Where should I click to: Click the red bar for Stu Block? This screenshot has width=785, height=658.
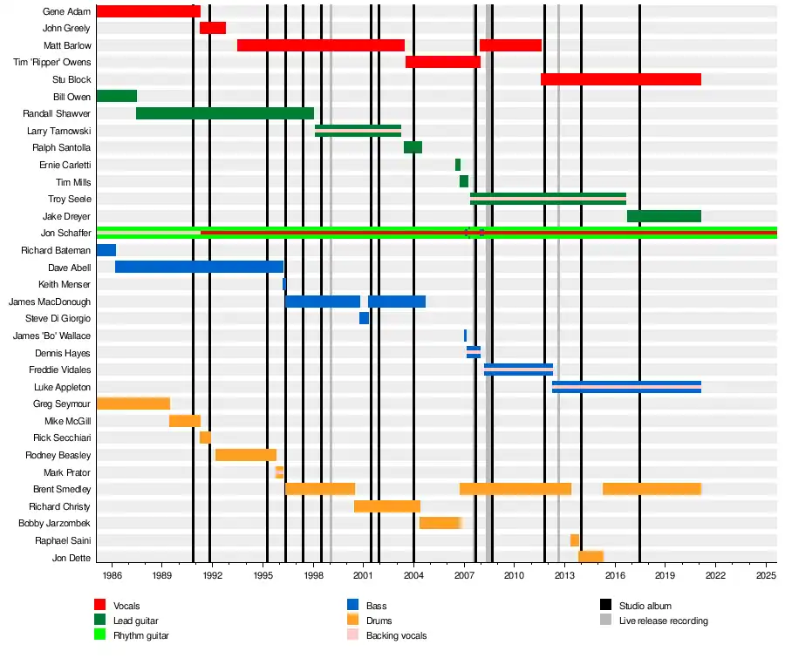click(620, 79)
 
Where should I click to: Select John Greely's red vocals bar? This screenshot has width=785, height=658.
click(213, 28)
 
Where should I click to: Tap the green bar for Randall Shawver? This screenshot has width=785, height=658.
click(225, 113)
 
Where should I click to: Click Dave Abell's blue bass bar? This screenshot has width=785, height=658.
click(199, 267)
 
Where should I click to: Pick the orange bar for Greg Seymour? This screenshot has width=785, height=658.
click(133, 404)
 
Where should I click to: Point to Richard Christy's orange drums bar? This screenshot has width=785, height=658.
click(387, 506)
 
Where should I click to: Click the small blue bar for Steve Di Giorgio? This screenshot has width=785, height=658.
click(364, 318)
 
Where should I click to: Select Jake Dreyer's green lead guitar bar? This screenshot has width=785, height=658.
click(664, 216)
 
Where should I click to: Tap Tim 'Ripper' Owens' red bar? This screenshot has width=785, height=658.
click(443, 62)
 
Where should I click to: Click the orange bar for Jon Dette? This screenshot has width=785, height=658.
click(590, 557)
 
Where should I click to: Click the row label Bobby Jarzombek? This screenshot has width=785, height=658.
click(54, 524)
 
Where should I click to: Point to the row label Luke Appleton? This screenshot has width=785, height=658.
click(62, 387)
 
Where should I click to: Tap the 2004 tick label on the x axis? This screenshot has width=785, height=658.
click(413, 576)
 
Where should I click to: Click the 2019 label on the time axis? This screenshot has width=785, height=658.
click(666, 576)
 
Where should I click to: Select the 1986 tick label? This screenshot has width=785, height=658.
click(112, 576)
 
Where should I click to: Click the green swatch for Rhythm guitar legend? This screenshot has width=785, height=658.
click(100, 635)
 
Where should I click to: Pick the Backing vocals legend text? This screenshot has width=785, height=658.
click(396, 636)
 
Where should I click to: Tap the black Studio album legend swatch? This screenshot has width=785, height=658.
click(606, 606)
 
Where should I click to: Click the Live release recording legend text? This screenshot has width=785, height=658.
click(663, 621)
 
